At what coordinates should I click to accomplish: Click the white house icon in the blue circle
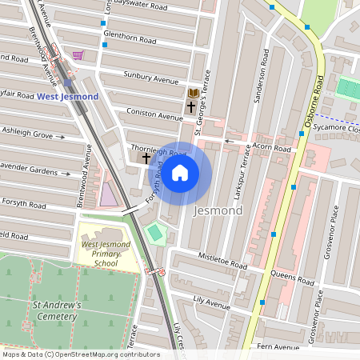[180, 172]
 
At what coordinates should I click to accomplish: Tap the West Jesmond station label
[68, 96]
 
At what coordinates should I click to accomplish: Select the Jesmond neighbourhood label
[218, 211]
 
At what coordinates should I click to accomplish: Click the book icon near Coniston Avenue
[193, 93]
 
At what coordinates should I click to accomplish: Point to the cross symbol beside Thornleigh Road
[146, 158]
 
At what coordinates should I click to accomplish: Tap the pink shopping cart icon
[78, 55]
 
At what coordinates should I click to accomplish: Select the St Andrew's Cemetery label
[55, 310]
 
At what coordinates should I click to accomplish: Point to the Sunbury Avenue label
[150, 77]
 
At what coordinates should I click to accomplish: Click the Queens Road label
[292, 280]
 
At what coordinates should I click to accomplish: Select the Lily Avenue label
[211, 302]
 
